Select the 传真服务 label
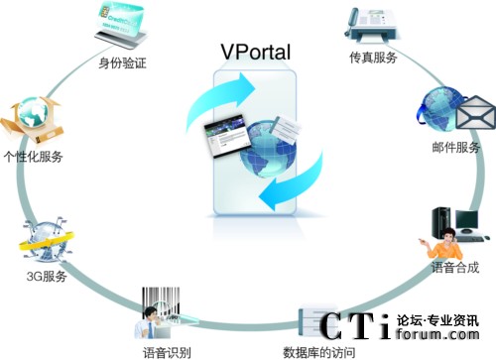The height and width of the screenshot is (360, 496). [373, 58]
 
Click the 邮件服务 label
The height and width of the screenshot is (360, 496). [456, 148]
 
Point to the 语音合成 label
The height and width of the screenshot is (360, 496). [456, 267]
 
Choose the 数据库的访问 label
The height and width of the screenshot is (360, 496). [318, 350]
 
